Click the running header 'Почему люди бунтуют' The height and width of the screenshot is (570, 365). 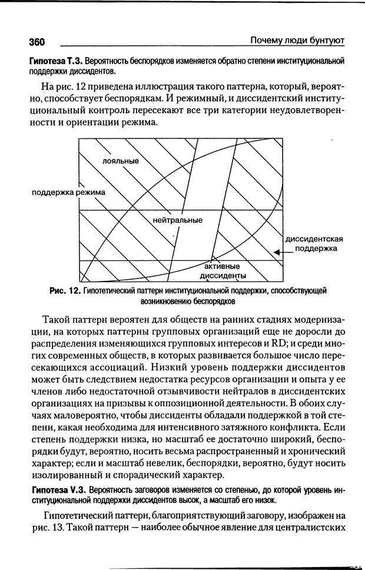297,40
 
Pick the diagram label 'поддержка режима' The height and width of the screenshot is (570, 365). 69,192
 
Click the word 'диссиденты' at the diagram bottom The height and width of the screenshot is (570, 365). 223,276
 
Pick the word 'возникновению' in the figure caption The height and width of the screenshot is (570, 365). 167,301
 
